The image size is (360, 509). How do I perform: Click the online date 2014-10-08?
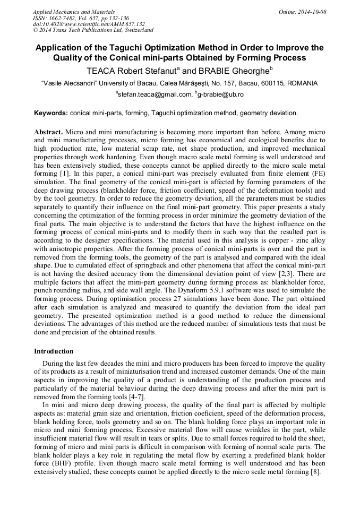312,12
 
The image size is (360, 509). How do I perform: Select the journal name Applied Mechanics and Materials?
74,12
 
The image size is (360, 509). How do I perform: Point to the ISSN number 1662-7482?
66,18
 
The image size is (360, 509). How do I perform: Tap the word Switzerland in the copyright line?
136,30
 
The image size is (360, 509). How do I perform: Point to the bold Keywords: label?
51,113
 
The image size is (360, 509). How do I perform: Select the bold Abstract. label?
49,131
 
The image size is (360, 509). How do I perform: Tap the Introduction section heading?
54,351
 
